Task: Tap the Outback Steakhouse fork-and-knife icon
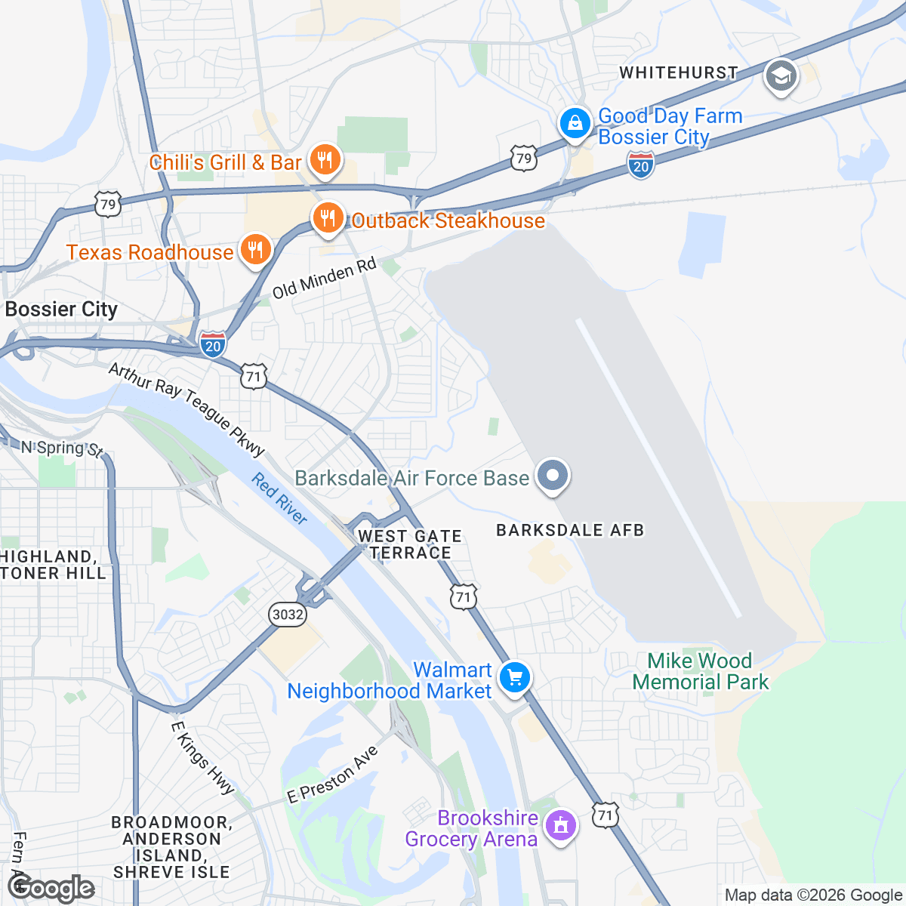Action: coord(327,220)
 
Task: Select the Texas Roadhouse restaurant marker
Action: coord(256,251)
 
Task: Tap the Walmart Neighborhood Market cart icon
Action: coord(515,677)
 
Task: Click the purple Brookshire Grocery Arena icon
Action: coord(560,827)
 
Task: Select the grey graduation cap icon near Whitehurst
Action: coord(781,76)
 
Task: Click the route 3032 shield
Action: coord(288,615)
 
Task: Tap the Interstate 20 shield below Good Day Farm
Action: coord(641,165)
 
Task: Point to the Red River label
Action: coord(279,499)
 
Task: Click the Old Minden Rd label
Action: coord(324,279)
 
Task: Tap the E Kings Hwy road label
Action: coord(202,757)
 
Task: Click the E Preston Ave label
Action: coord(332,775)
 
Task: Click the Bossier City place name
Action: coord(61,310)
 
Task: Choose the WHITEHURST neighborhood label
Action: coord(679,72)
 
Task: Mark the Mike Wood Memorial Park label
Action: coord(700,671)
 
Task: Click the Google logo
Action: coord(51,888)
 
